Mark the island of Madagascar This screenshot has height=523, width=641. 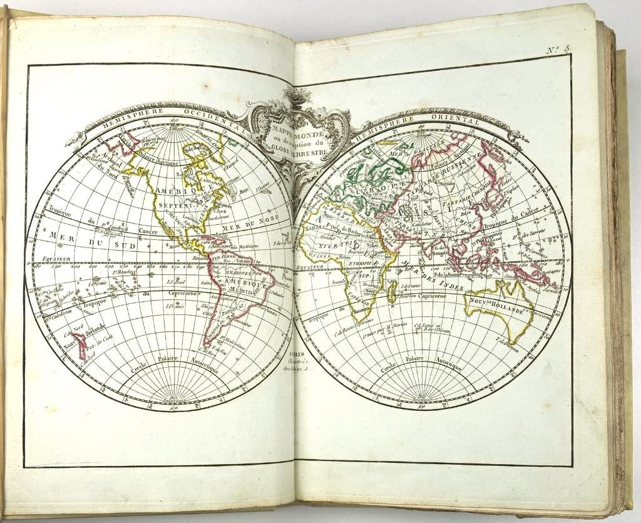(x=391, y=290)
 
